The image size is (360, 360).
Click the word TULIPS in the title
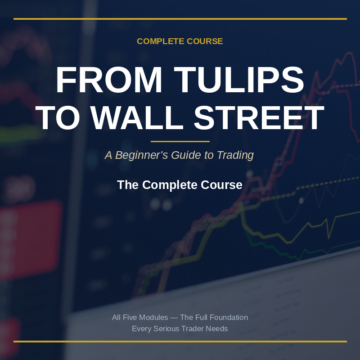(239, 80)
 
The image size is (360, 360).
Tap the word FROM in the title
(109, 80)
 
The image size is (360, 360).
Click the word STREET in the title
(259, 118)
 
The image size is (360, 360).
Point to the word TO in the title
(58, 118)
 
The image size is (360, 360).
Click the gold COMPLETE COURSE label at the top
(180, 41)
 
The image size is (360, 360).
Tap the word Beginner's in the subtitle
(142, 155)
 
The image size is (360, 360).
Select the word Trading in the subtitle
(235, 155)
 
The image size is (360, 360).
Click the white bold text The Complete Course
(180, 185)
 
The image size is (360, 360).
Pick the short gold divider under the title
(180, 141)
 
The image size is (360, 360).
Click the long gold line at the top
(180, 19)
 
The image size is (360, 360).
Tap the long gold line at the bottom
(180, 342)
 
